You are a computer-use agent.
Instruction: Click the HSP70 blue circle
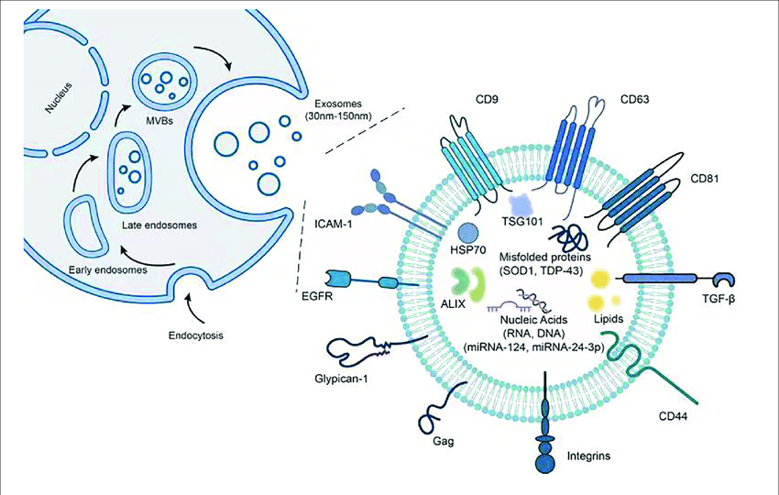pyautogui.click(x=468, y=232)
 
